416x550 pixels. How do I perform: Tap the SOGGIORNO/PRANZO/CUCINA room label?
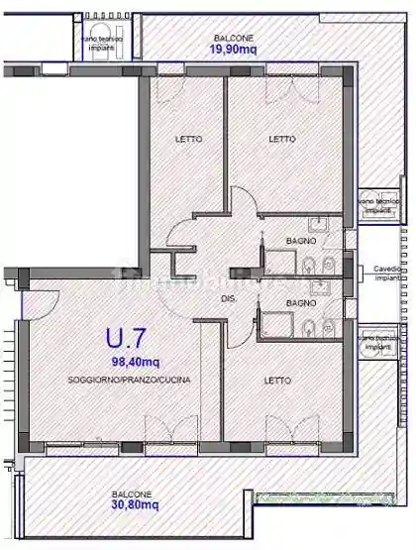130,381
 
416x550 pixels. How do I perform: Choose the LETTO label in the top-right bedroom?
282,139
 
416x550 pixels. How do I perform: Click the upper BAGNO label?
301,242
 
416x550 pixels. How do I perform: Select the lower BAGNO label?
301,302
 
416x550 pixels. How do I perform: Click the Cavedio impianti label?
386,274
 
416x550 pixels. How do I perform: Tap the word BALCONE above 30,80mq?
132,494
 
